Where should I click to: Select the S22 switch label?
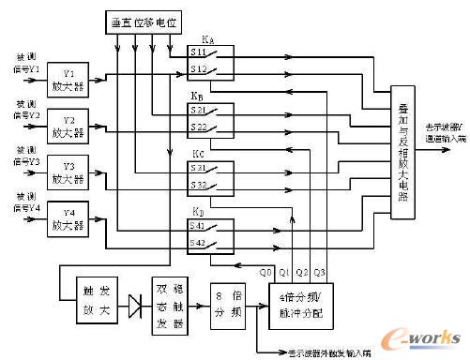[200, 126]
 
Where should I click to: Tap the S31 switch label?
[200, 169]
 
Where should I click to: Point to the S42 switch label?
[200, 243]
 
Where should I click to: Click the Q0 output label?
[265, 270]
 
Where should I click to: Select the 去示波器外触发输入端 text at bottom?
[332, 352]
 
